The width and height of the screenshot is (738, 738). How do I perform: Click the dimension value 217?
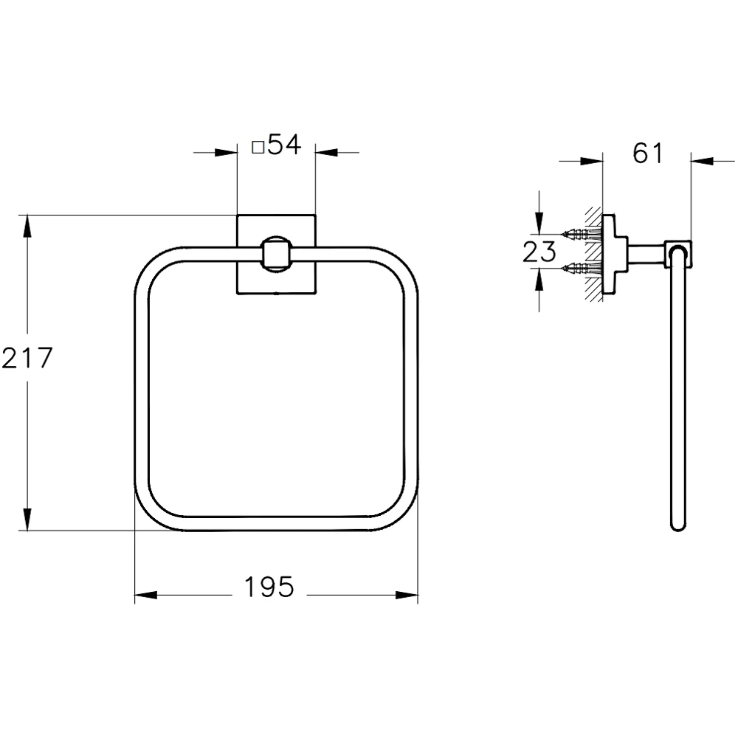coord(27,359)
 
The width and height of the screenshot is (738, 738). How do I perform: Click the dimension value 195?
coord(269,587)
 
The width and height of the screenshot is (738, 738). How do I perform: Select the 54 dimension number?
coord(284,145)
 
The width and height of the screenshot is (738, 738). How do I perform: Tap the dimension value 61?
coord(649,153)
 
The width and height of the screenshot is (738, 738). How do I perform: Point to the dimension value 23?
coord(539,252)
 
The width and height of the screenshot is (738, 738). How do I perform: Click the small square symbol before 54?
coord(258,147)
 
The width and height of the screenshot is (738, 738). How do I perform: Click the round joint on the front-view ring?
coord(276,252)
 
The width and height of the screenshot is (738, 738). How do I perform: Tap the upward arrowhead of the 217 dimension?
coord(27,225)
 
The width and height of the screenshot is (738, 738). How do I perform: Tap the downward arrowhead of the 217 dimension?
coord(27,520)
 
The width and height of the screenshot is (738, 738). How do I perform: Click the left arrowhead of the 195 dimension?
coord(145,595)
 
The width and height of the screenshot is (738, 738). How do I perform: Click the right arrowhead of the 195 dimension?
coord(407,595)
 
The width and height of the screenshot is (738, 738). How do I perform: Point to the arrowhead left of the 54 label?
coord(227,153)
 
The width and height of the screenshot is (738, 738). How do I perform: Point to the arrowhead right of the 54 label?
coord(325,153)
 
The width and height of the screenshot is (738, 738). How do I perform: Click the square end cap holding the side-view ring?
coord(679,252)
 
